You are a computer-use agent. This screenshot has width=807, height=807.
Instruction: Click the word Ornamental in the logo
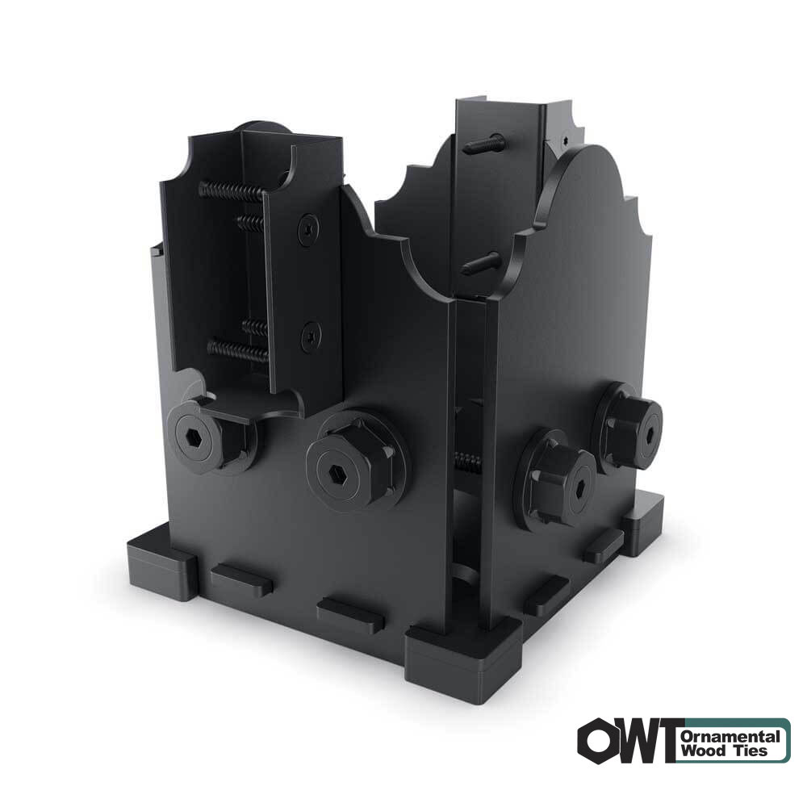coord(731,736)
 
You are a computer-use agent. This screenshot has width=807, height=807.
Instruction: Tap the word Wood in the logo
coord(700,751)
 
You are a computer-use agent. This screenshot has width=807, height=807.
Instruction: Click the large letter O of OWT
coord(600,741)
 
